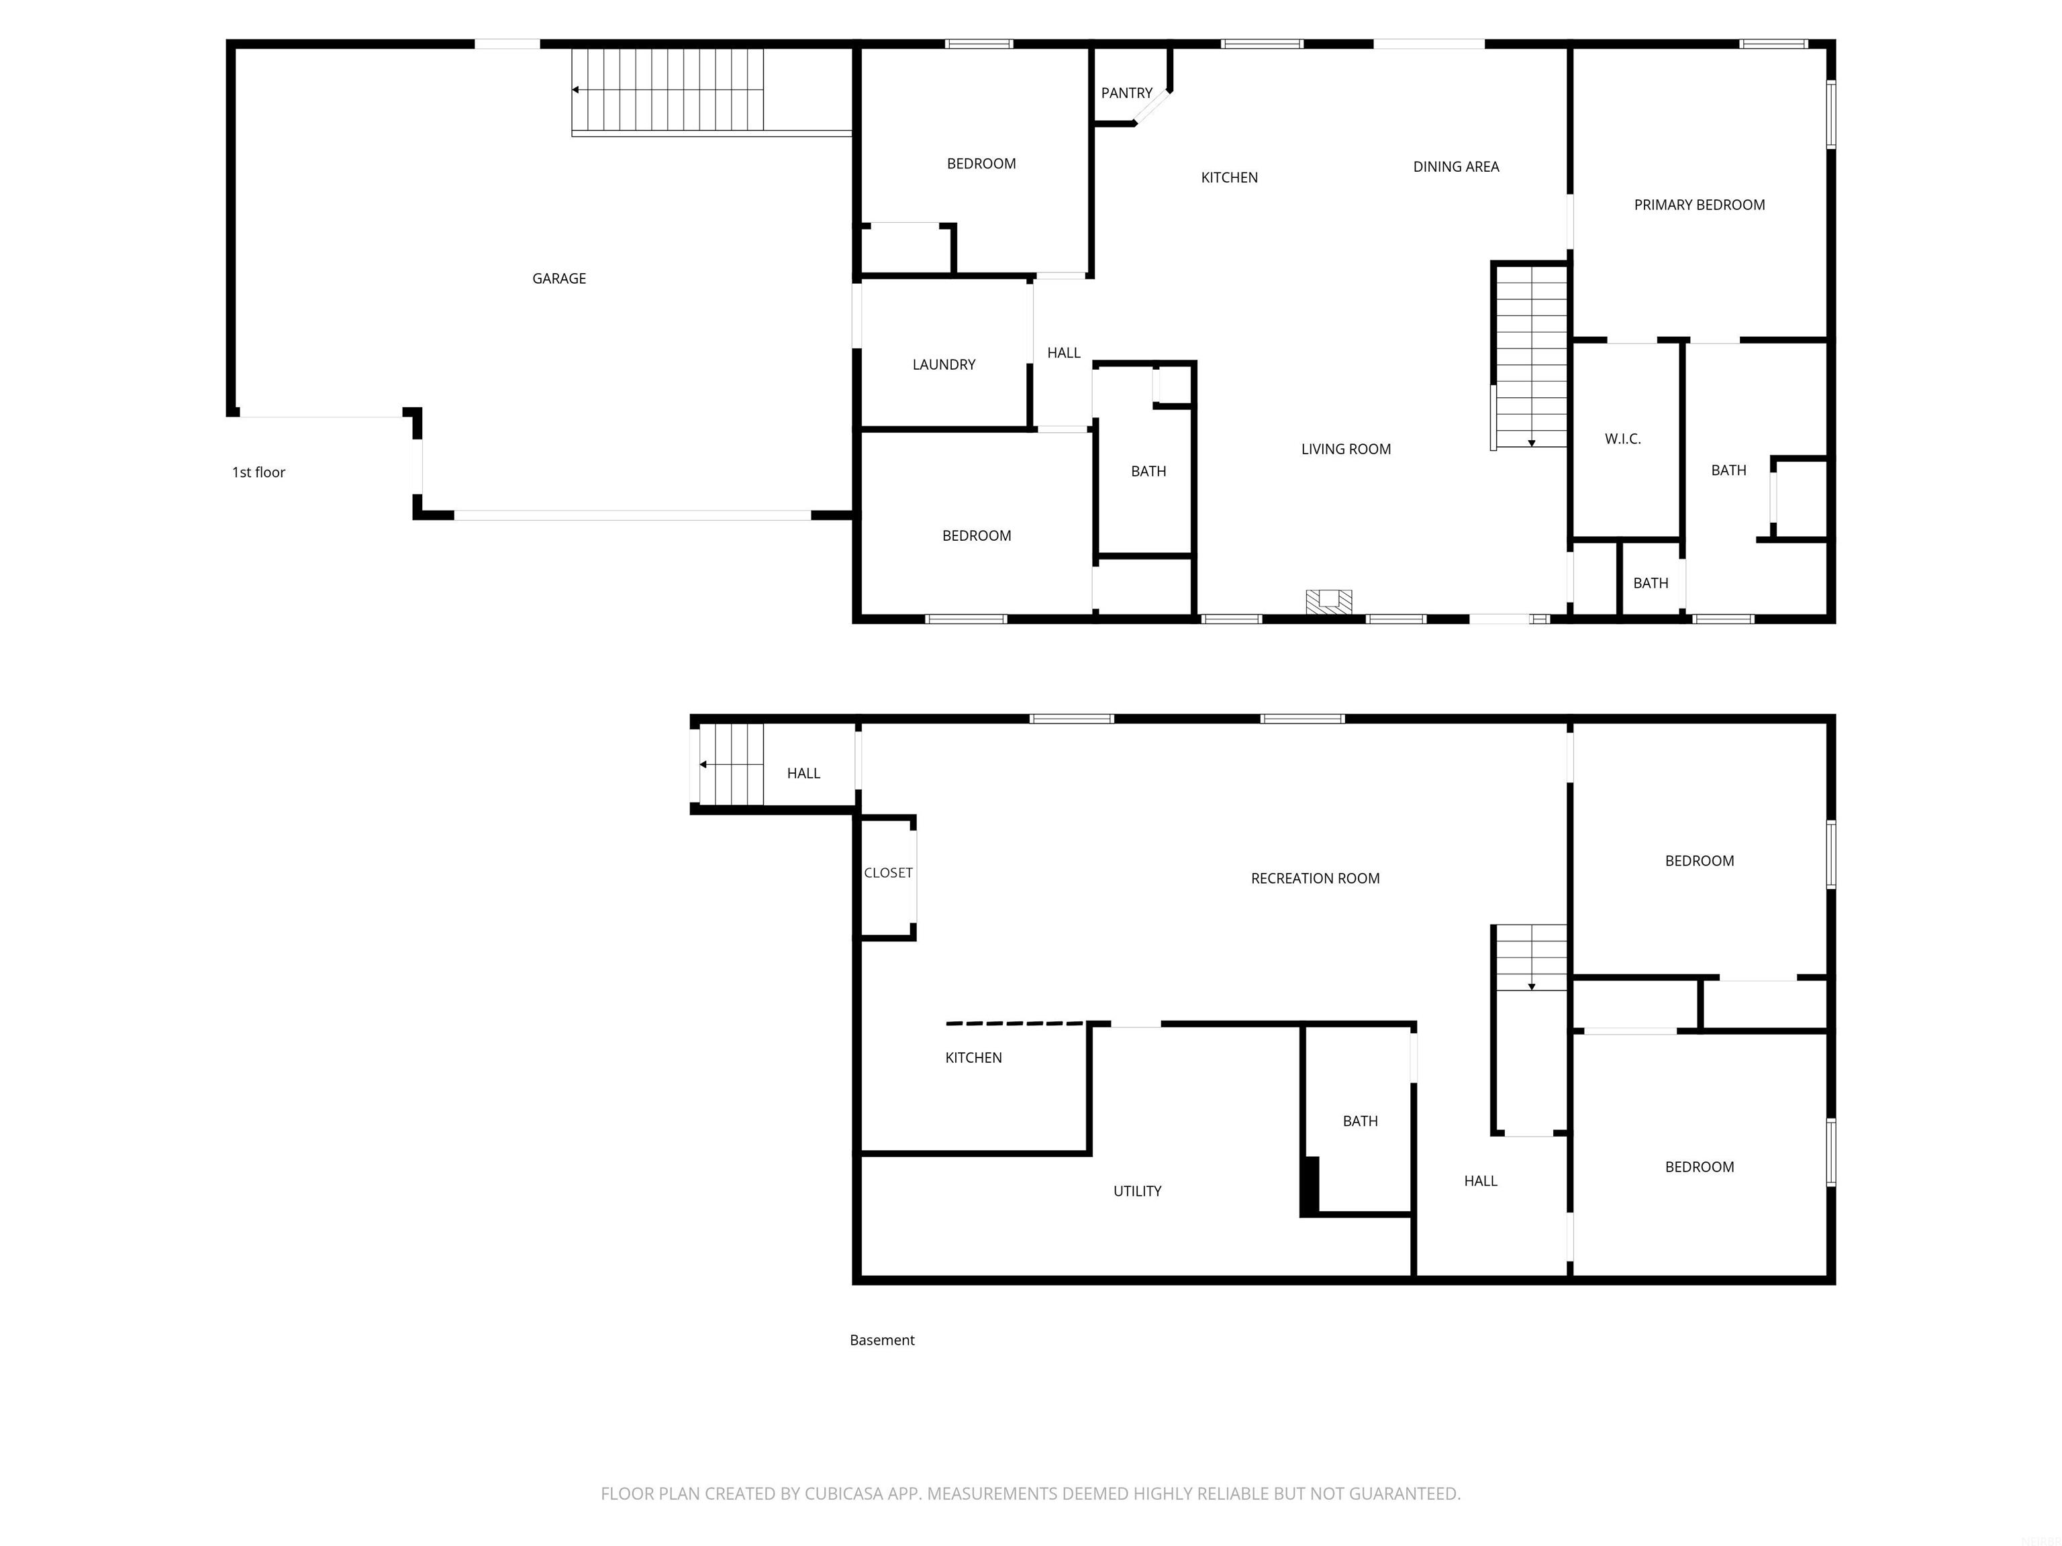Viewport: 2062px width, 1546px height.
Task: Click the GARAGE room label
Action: point(558,278)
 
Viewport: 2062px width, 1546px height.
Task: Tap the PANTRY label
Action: point(1126,93)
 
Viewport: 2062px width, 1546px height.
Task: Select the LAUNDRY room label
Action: point(943,364)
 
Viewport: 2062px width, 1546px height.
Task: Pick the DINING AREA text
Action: point(1455,167)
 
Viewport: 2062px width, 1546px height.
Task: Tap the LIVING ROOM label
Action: point(1345,449)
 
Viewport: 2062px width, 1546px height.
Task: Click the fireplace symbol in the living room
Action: point(1328,602)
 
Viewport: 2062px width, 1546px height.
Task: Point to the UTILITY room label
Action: point(1136,1191)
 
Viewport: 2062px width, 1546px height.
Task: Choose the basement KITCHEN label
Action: point(973,1058)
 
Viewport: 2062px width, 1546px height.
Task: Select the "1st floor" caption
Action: point(258,472)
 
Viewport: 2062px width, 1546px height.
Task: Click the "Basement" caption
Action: point(882,1340)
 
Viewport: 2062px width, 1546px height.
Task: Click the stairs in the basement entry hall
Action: point(731,764)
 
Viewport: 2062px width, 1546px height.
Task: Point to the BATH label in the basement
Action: point(1359,1121)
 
